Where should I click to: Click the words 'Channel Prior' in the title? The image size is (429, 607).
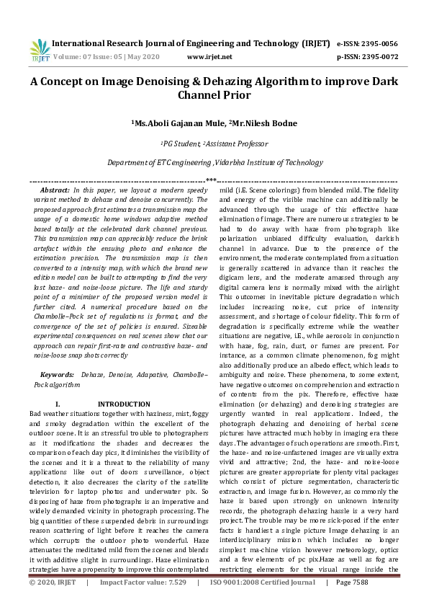[x=214, y=94]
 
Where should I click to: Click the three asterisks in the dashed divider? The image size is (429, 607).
[x=212, y=180]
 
